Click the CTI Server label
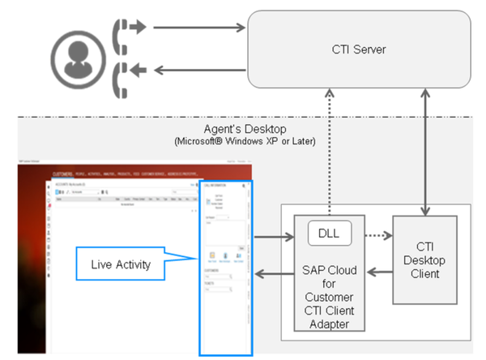(359, 49)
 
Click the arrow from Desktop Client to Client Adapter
(377, 272)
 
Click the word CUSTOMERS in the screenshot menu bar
(62, 174)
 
